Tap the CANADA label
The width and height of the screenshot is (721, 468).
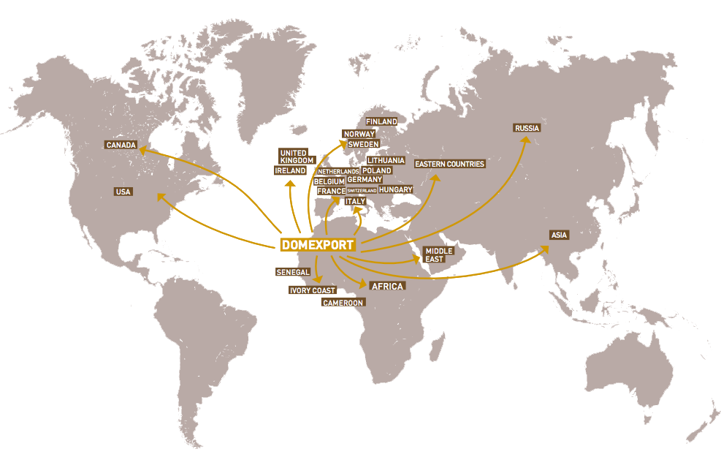pyautogui.click(x=121, y=145)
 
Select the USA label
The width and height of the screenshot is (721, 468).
pyautogui.click(x=123, y=192)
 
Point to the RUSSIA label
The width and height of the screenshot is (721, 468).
pyautogui.click(x=527, y=128)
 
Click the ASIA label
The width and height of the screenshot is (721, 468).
pyautogui.click(x=560, y=235)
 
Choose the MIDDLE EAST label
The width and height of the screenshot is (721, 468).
pyautogui.click(x=439, y=254)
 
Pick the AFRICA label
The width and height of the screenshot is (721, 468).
pyautogui.click(x=387, y=286)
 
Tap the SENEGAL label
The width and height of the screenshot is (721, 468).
pyautogui.click(x=293, y=271)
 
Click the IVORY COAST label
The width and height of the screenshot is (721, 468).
pyautogui.click(x=313, y=290)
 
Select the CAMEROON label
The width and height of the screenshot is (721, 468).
pyautogui.click(x=343, y=302)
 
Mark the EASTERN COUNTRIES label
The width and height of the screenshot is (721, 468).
pyautogui.click(x=449, y=164)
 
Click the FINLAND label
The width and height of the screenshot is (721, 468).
pyautogui.click(x=381, y=121)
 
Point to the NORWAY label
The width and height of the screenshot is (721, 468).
pyautogui.click(x=359, y=134)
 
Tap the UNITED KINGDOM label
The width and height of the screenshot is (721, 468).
pyautogui.click(x=297, y=156)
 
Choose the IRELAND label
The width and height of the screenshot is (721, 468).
pyautogui.click(x=290, y=170)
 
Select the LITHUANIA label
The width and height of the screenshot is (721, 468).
pyautogui.click(x=386, y=160)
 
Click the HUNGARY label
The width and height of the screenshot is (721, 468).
pyautogui.click(x=396, y=189)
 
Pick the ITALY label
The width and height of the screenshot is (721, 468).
pyautogui.click(x=355, y=201)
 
